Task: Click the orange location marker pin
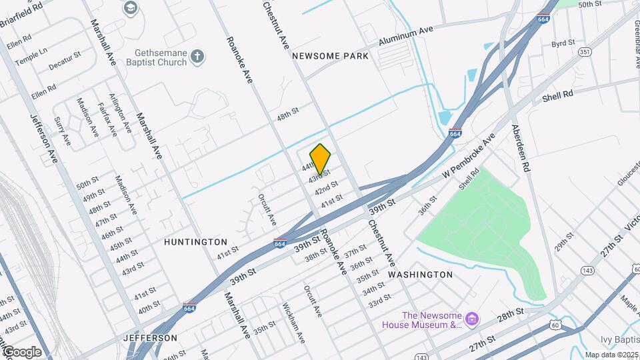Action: (x=321, y=159)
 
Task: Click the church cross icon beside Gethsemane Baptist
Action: (x=197, y=57)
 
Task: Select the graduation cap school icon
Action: (x=131, y=8)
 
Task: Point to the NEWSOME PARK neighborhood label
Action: (x=331, y=57)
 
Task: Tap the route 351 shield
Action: (x=585, y=51)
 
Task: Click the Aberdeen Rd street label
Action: (x=521, y=149)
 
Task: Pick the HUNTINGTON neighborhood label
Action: (x=195, y=242)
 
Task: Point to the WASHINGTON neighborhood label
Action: (x=420, y=275)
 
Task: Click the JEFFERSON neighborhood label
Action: (x=151, y=338)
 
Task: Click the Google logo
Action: (x=21, y=352)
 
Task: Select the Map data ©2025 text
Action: (x=611, y=355)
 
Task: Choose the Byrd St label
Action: (x=563, y=43)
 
